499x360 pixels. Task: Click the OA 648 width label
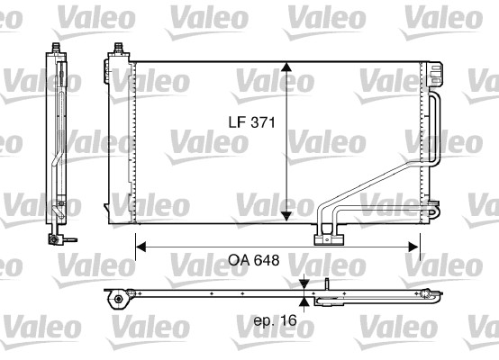249,260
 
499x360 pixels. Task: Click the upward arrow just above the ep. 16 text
304,306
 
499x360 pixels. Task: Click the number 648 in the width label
262,260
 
